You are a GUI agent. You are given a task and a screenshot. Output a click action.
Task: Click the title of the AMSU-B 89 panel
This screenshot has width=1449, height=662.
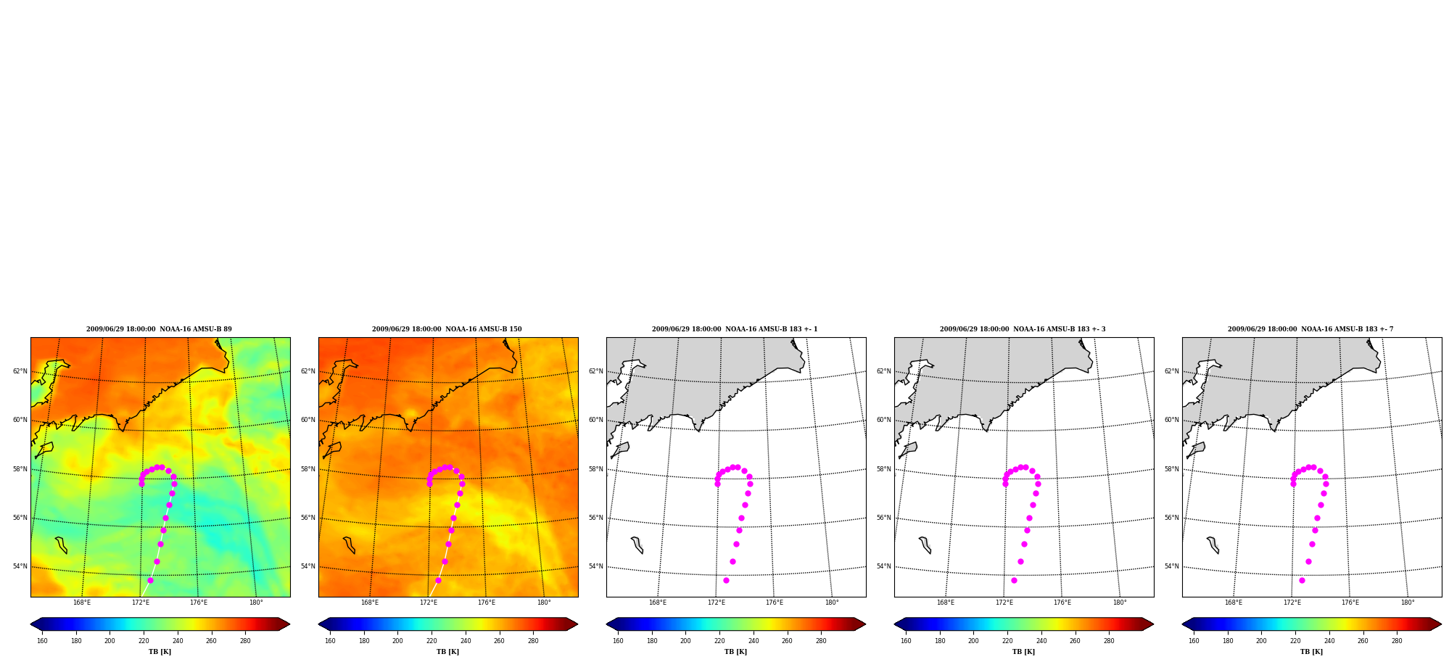[x=159, y=329]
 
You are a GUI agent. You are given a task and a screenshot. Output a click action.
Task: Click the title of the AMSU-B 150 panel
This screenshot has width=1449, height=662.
[x=447, y=329]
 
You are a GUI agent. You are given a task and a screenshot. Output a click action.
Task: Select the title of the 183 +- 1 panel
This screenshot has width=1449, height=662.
[x=735, y=329]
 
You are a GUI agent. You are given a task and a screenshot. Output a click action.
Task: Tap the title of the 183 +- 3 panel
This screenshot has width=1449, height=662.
[x=1023, y=329]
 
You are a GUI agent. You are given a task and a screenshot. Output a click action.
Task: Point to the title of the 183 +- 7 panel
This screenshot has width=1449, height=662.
[x=1310, y=329]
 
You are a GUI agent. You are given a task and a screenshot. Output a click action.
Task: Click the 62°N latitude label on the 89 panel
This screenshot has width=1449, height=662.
[x=20, y=371]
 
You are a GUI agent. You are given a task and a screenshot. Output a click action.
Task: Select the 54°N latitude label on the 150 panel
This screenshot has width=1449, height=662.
[x=308, y=566]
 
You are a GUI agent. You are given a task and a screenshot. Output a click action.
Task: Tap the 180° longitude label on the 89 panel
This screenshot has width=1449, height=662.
[x=256, y=603]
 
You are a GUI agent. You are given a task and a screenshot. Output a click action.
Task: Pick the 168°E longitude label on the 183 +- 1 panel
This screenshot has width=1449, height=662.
[x=658, y=603]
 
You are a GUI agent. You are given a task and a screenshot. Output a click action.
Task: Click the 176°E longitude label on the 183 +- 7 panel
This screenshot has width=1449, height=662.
[x=1350, y=603]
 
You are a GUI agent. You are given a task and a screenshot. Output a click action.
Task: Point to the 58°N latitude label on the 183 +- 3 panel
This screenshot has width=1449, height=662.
[x=884, y=469]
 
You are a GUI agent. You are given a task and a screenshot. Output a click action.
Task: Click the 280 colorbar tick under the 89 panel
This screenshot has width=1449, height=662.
[x=245, y=641]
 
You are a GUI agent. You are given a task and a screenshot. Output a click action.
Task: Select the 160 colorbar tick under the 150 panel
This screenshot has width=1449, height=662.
[x=330, y=641]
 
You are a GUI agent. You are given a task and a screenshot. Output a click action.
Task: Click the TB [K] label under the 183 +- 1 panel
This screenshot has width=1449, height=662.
[x=735, y=652]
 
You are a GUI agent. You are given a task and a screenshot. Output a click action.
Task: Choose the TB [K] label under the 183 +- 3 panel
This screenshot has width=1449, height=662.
[x=1023, y=652]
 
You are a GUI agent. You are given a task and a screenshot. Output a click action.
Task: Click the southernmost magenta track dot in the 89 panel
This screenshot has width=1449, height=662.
[x=150, y=580]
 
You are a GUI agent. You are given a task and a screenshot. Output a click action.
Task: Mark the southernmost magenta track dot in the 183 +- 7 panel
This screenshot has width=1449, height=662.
[x=1302, y=580]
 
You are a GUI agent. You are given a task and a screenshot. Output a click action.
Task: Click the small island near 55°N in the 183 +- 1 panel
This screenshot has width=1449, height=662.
[x=637, y=545]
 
